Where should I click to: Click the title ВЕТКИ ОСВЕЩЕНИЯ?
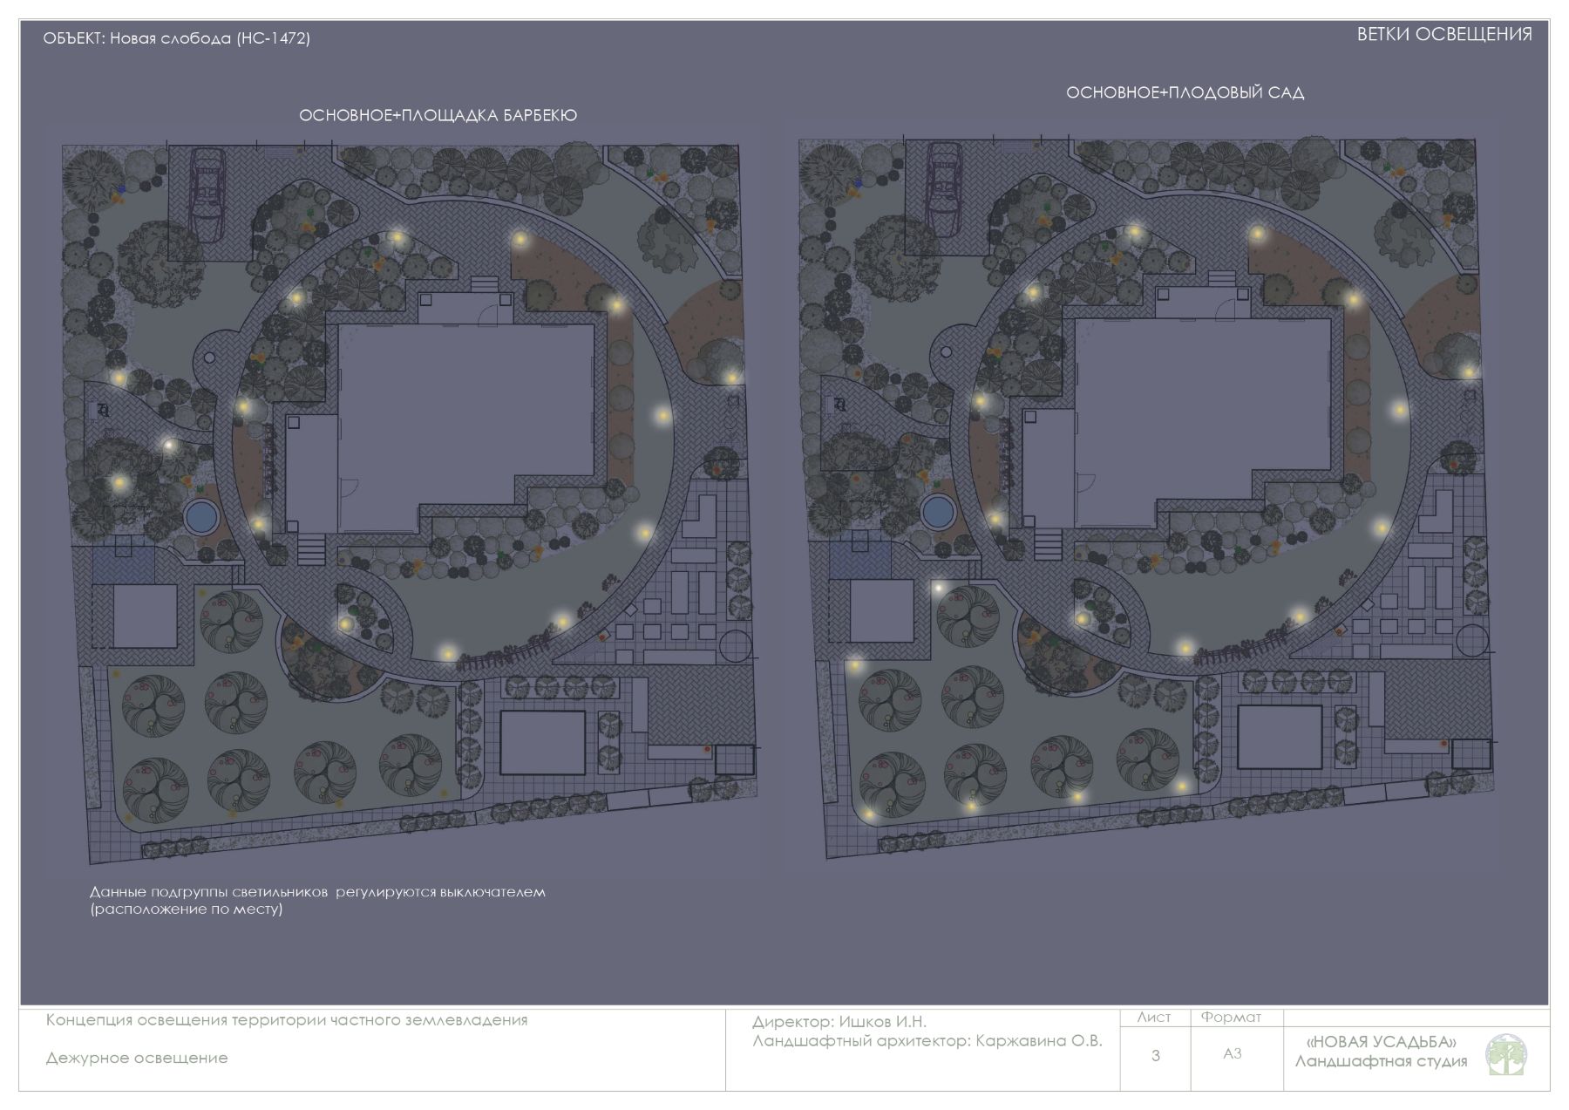click(x=1444, y=35)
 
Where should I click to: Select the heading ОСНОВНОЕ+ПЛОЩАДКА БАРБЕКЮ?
click(x=438, y=115)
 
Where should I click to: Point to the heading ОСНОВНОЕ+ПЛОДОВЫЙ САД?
click(x=1185, y=92)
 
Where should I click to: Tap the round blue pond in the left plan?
click(x=200, y=516)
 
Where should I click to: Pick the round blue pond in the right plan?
click(x=938, y=511)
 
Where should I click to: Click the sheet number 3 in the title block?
click(x=1156, y=1056)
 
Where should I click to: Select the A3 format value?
click(x=1232, y=1054)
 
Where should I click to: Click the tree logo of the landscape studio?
click(x=1506, y=1055)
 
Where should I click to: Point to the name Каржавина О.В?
click(x=1039, y=1041)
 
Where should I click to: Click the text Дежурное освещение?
click(x=137, y=1059)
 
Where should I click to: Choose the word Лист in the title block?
click(x=1154, y=1018)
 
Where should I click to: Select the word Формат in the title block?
click(x=1231, y=1018)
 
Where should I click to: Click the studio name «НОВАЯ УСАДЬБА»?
click(x=1382, y=1042)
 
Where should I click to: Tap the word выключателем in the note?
click(x=492, y=893)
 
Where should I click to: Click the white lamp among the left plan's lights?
click(x=169, y=445)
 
